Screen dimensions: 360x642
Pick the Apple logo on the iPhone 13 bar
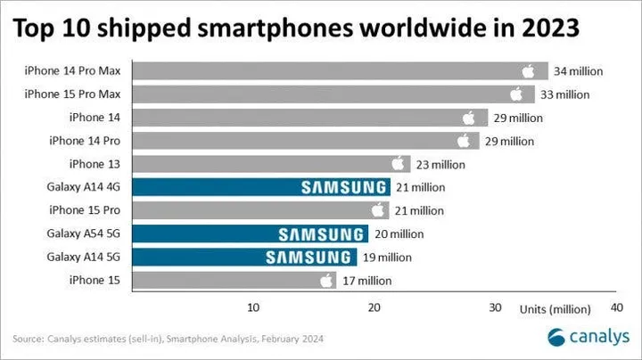(399, 164)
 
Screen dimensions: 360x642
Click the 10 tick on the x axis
(253, 308)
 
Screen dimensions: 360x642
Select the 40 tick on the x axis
(615, 308)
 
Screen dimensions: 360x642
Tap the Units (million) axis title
(556, 308)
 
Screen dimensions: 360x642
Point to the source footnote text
(169, 339)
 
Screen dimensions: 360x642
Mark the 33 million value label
(565, 94)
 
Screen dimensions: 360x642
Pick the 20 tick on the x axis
(374, 308)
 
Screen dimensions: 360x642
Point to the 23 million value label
(440, 164)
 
